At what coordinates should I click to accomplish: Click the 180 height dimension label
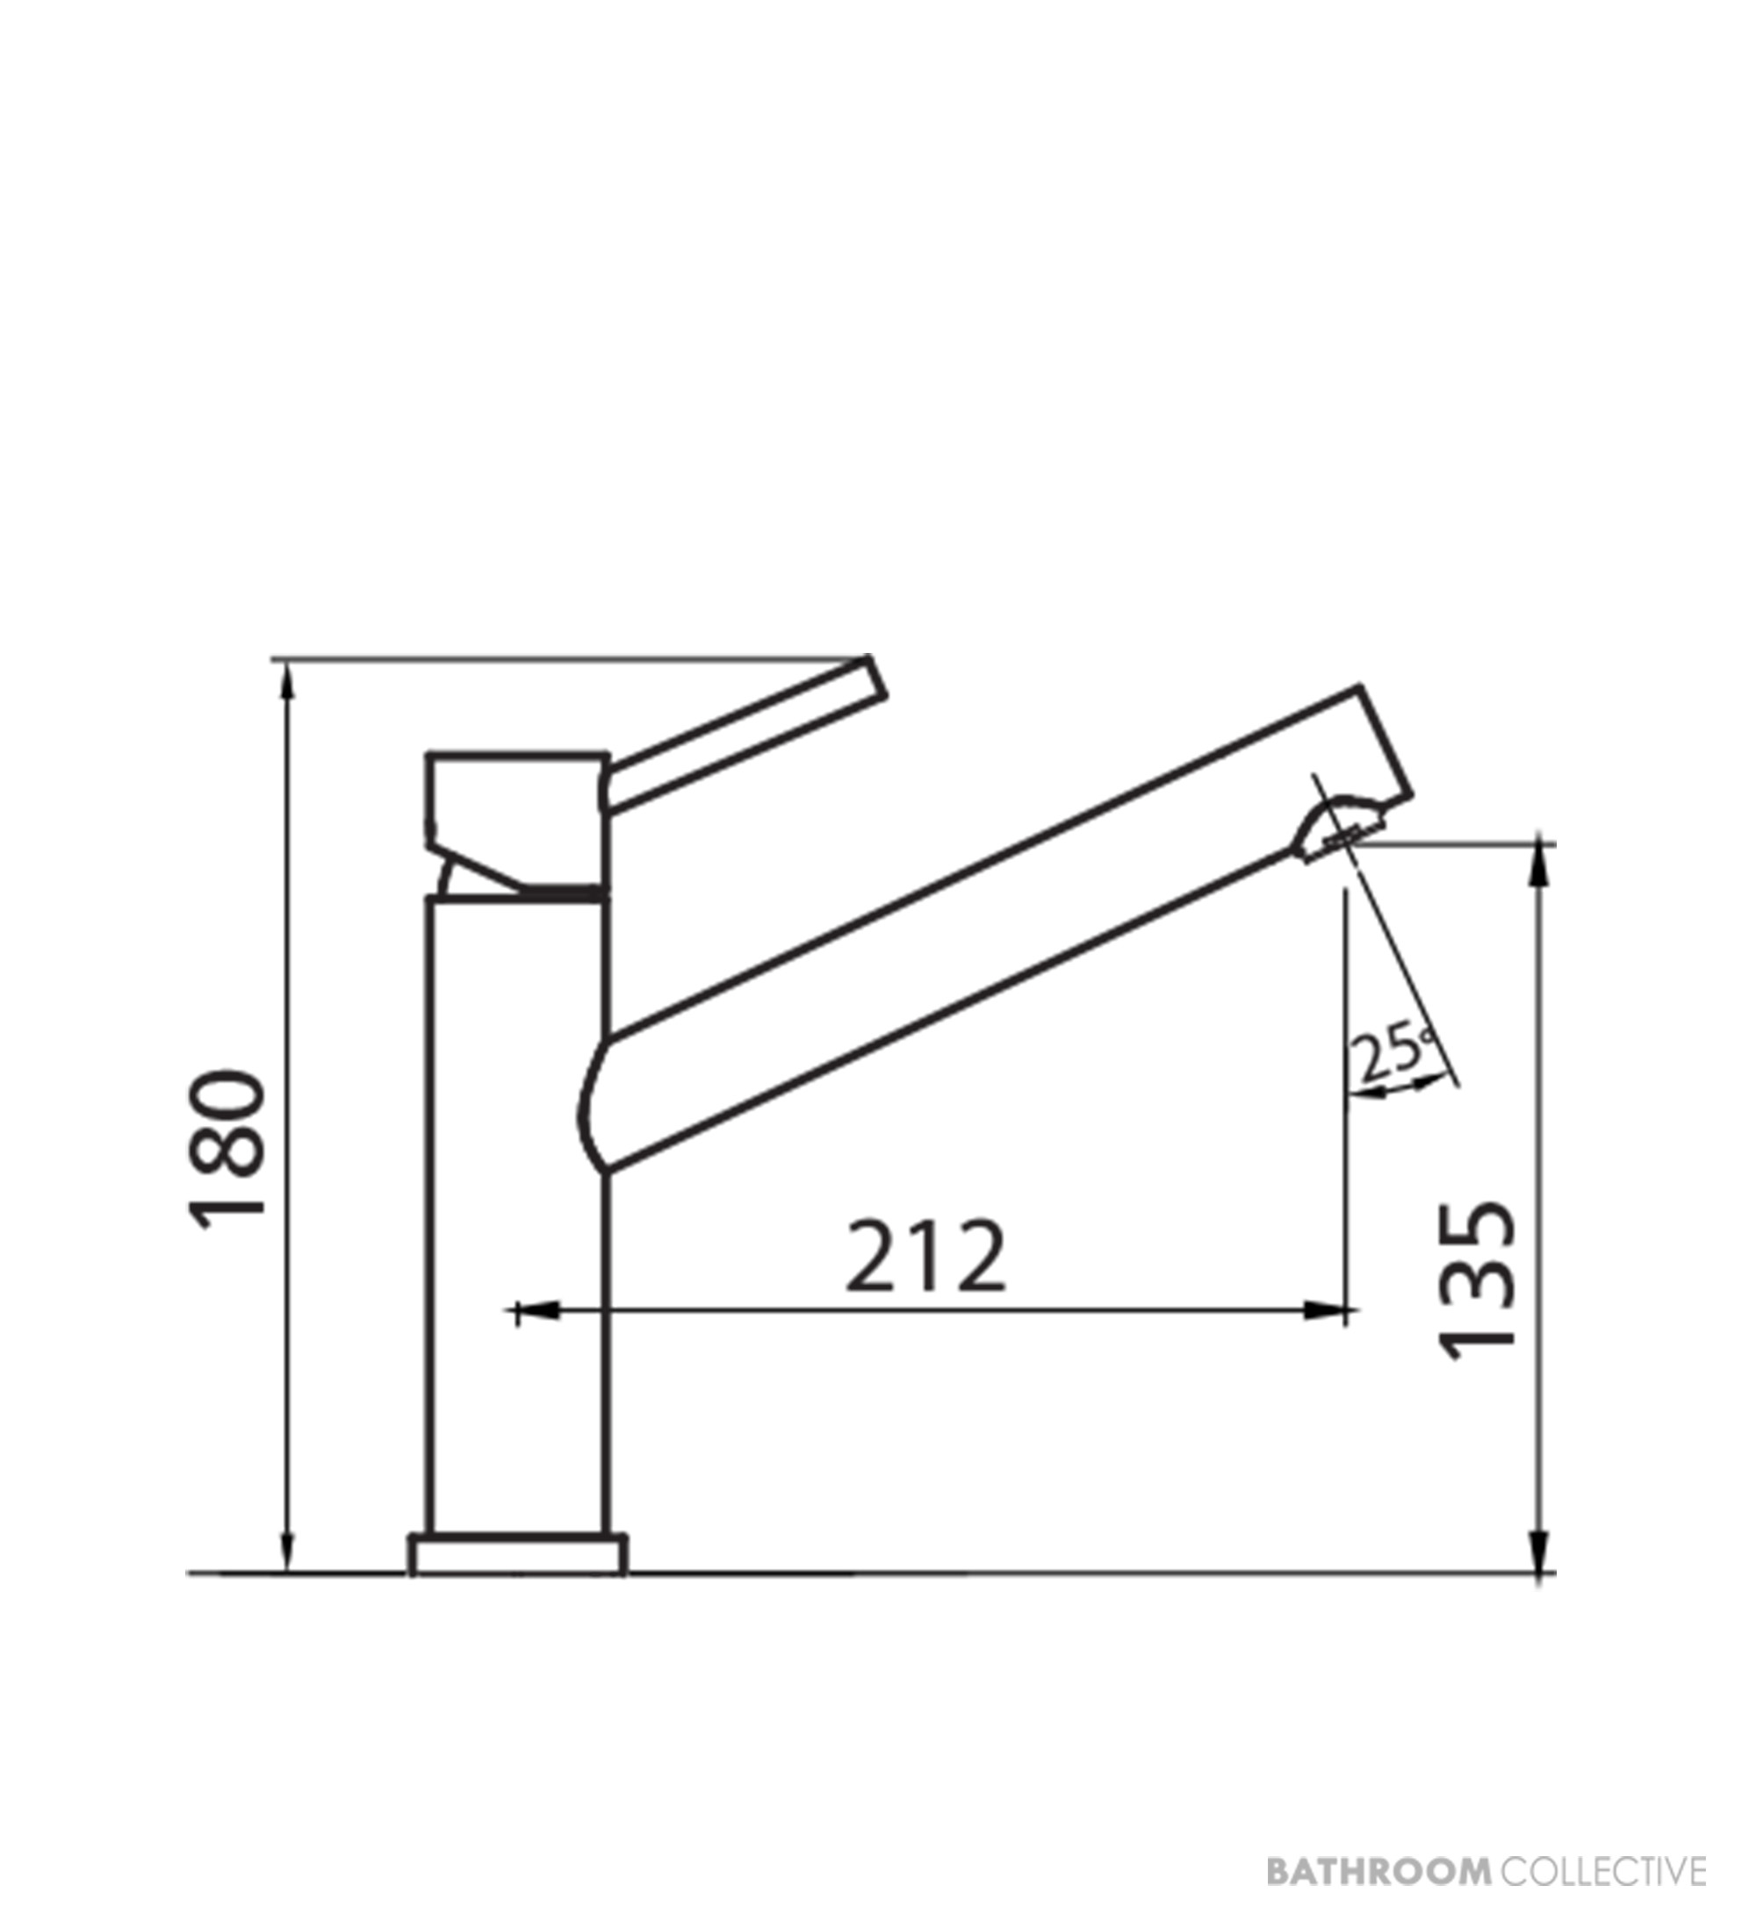click(227, 1144)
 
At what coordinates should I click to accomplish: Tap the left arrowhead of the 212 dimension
click(536, 1312)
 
